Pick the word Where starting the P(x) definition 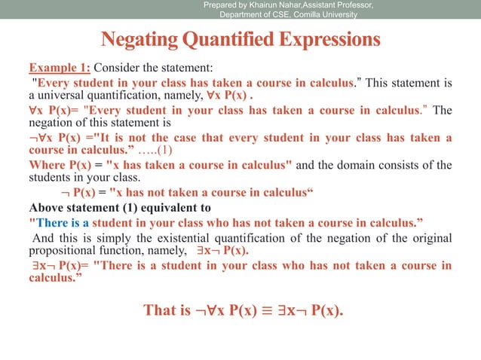click(x=46, y=165)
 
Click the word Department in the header click(x=244, y=16)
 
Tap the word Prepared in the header click(x=222, y=6)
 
